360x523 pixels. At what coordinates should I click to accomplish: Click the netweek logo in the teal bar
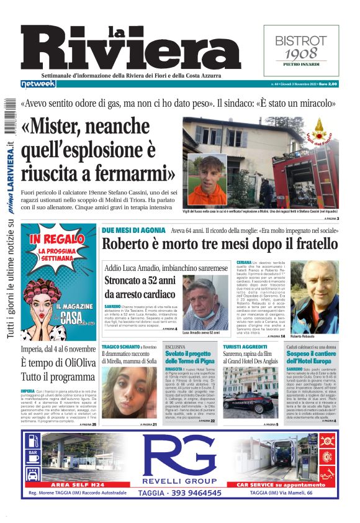pyautogui.click(x=38, y=84)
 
